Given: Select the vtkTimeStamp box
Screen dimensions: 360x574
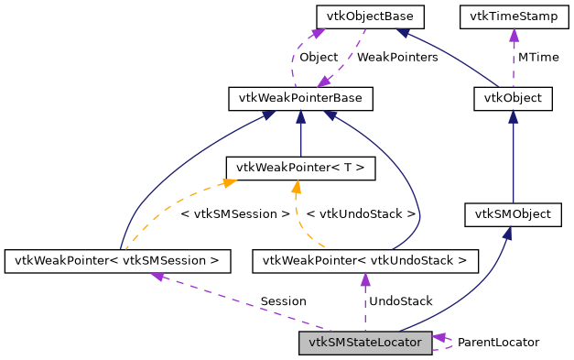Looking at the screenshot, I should coord(513,16).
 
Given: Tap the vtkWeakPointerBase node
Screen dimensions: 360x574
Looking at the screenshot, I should coord(301,97).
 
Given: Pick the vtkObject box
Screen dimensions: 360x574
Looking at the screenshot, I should coord(513,98).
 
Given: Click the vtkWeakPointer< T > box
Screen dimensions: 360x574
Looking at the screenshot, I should coord(301,167).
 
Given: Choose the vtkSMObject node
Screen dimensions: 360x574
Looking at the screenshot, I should coord(513,214).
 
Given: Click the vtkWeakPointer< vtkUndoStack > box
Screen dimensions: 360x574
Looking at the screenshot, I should coord(365,261).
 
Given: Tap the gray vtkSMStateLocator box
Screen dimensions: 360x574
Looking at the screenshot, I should coord(365,343).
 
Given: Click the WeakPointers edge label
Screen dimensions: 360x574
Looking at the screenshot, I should coord(396,57).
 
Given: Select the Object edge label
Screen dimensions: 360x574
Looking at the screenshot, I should coord(319,57).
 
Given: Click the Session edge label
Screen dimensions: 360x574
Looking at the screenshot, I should coord(283,300).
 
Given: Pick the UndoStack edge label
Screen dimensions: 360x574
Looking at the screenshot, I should coord(400,300).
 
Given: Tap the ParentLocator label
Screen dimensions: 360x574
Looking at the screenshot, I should coord(498,342).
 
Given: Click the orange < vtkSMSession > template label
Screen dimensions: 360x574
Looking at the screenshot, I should coord(235,213).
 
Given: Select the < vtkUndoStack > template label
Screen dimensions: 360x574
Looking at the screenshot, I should coord(361,213).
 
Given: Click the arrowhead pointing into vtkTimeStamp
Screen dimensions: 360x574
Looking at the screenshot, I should coord(513,34).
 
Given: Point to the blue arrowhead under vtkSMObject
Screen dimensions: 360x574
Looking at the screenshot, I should coord(506,233).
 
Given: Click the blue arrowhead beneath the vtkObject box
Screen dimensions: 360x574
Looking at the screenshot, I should coord(513,116).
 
